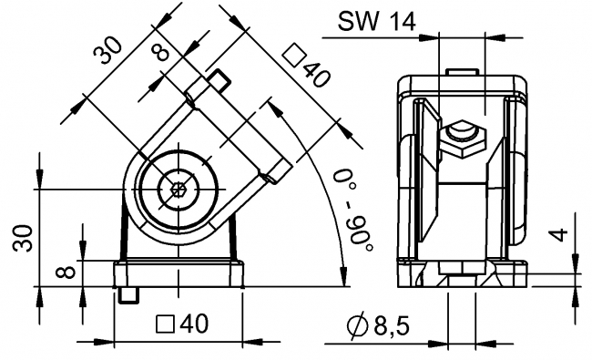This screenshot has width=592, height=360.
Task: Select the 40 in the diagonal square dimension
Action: [313, 75]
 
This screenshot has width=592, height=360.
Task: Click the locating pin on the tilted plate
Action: [219, 81]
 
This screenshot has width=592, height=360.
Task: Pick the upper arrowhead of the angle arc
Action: [273, 107]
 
